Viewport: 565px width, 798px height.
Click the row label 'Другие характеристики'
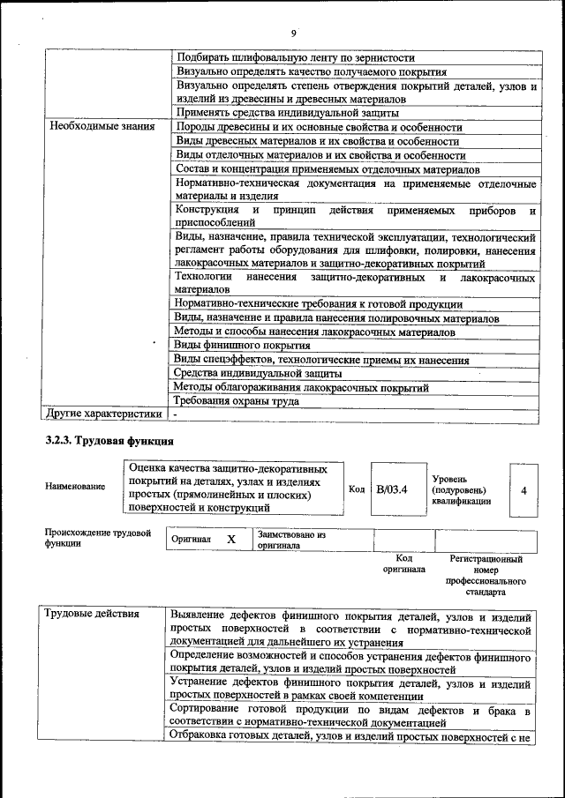[105, 413]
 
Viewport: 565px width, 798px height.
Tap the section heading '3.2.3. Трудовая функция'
[109, 440]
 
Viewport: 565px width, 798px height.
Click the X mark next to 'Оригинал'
[231, 539]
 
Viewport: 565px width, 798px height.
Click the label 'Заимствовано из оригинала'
[291, 540]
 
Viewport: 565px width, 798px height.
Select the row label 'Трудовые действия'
[93, 615]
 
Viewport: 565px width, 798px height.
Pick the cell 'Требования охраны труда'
[237, 400]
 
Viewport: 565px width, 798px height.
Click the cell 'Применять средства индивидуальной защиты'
[287, 113]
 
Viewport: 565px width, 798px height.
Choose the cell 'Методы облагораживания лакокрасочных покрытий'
[301, 387]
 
